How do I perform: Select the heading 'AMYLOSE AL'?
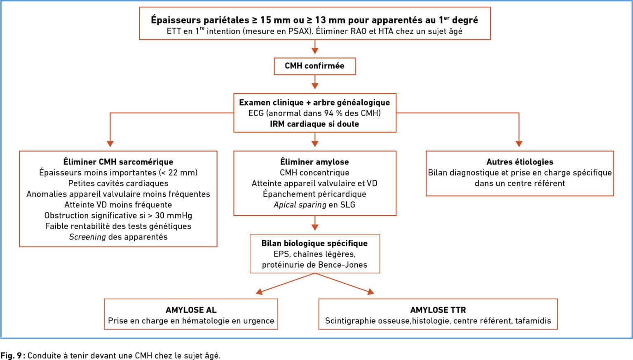(191, 310)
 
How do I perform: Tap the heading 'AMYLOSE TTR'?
(438, 310)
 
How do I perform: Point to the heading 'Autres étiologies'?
(520, 162)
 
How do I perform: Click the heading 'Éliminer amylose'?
(314, 162)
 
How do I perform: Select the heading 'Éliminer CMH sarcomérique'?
(118, 162)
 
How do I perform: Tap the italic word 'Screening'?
(88, 237)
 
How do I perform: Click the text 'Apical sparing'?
(300, 205)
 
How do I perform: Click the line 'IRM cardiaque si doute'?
(314, 124)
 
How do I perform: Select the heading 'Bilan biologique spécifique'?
(314, 243)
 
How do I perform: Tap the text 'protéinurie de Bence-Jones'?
(314, 265)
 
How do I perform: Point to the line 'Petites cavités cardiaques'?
(118, 183)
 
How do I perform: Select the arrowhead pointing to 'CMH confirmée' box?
(315, 51)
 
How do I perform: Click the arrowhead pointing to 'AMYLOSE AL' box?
(259, 292)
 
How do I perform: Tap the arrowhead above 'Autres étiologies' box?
(519, 144)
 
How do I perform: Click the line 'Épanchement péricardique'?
(314, 194)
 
